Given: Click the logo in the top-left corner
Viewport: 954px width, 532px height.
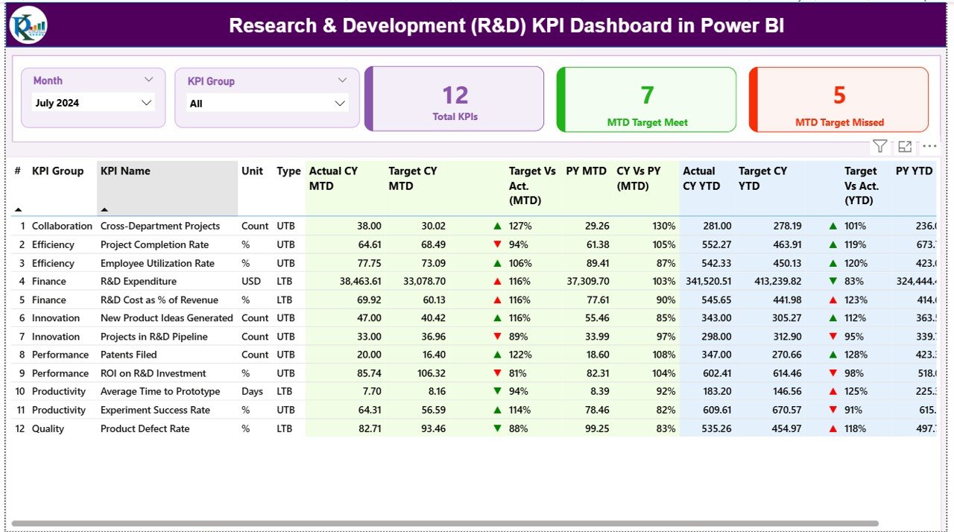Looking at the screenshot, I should [28, 25].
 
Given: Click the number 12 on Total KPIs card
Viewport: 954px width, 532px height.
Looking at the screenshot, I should [455, 95].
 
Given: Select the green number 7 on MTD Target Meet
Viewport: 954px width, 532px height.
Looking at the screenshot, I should [647, 95].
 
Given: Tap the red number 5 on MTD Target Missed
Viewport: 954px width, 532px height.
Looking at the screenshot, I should [839, 95].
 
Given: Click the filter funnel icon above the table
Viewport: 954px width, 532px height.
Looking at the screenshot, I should [879, 147].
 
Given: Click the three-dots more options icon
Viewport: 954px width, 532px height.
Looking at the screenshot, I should [929, 147].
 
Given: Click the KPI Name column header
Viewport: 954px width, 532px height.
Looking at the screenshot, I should [125, 171].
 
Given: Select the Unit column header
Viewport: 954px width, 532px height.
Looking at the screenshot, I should [252, 171].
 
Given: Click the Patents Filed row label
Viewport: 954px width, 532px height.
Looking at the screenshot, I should [128, 355].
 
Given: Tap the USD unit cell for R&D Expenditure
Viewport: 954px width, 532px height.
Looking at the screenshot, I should [251, 282].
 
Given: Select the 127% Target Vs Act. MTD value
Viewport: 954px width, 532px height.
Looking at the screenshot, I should [519, 227].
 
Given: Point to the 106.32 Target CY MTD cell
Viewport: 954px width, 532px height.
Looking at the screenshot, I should [429, 373].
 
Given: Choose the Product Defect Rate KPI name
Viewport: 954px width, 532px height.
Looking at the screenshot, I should [145, 428].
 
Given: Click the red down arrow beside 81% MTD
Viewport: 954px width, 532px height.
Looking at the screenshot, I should [497, 373].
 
